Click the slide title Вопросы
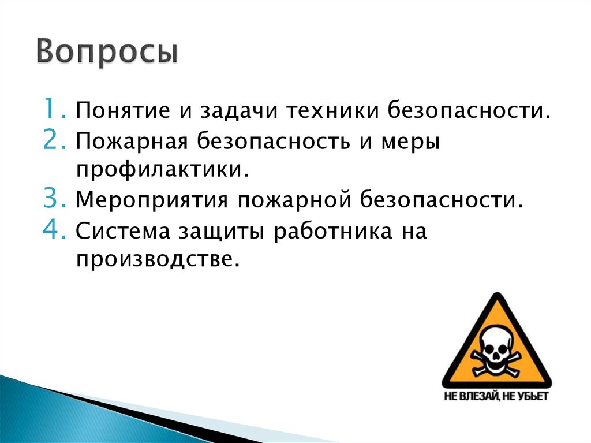tap(108, 52)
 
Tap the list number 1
tap(56, 108)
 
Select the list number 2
tap(56, 140)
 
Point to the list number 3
tap(56, 200)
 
